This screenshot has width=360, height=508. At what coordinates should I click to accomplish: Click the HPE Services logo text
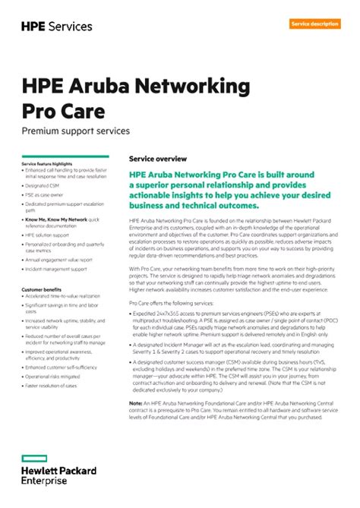[x=57, y=26]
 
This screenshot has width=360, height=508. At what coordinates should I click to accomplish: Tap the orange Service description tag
[x=314, y=24]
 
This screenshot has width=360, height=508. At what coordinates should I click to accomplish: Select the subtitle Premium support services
[x=75, y=131]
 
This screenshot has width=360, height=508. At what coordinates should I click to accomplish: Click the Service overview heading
[x=158, y=159]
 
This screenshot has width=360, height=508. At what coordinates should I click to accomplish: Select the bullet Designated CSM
[x=43, y=185]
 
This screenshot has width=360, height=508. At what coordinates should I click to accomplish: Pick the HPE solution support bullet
[x=47, y=235]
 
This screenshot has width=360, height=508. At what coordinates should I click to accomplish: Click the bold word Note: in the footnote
[x=136, y=402]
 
